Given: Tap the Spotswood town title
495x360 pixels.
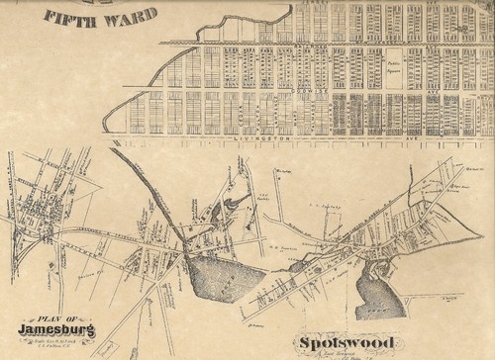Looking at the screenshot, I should (333, 344).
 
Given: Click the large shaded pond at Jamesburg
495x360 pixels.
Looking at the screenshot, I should (218, 270).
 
